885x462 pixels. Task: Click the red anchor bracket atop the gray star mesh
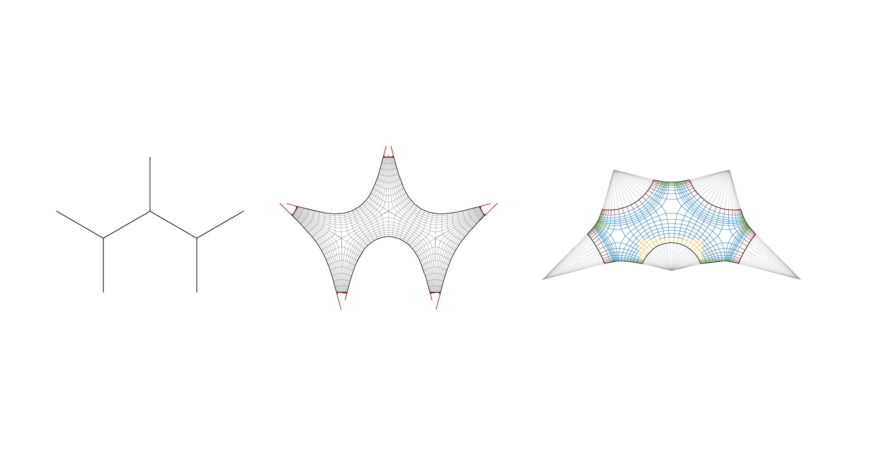(x=389, y=152)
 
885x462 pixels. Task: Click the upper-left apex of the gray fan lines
(x=614, y=171)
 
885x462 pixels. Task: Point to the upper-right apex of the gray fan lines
(x=729, y=171)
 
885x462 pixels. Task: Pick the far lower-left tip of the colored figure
(x=543, y=279)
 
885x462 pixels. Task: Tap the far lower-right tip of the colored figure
(x=800, y=279)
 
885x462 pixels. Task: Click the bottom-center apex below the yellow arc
(x=672, y=269)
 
